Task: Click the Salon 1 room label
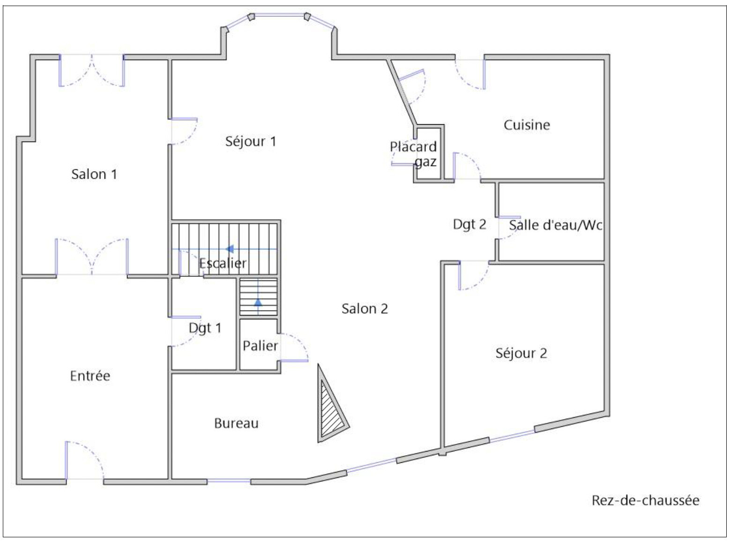(x=94, y=174)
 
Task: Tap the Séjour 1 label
(x=251, y=141)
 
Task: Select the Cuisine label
(x=527, y=125)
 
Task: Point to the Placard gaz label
(x=413, y=154)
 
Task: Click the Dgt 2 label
(x=469, y=225)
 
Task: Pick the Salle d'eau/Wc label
(x=556, y=226)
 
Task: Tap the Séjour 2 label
(x=521, y=353)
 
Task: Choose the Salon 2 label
(x=365, y=309)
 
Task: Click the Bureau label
(x=236, y=423)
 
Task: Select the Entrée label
(x=90, y=376)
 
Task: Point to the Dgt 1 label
(x=205, y=328)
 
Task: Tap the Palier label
(x=260, y=346)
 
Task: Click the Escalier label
(x=223, y=263)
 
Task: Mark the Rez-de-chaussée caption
(x=645, y=500)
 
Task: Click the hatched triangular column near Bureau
(x=330, y=408)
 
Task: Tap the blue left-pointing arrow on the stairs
(x=230, y=249)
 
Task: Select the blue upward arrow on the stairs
(x=258, y=302)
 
